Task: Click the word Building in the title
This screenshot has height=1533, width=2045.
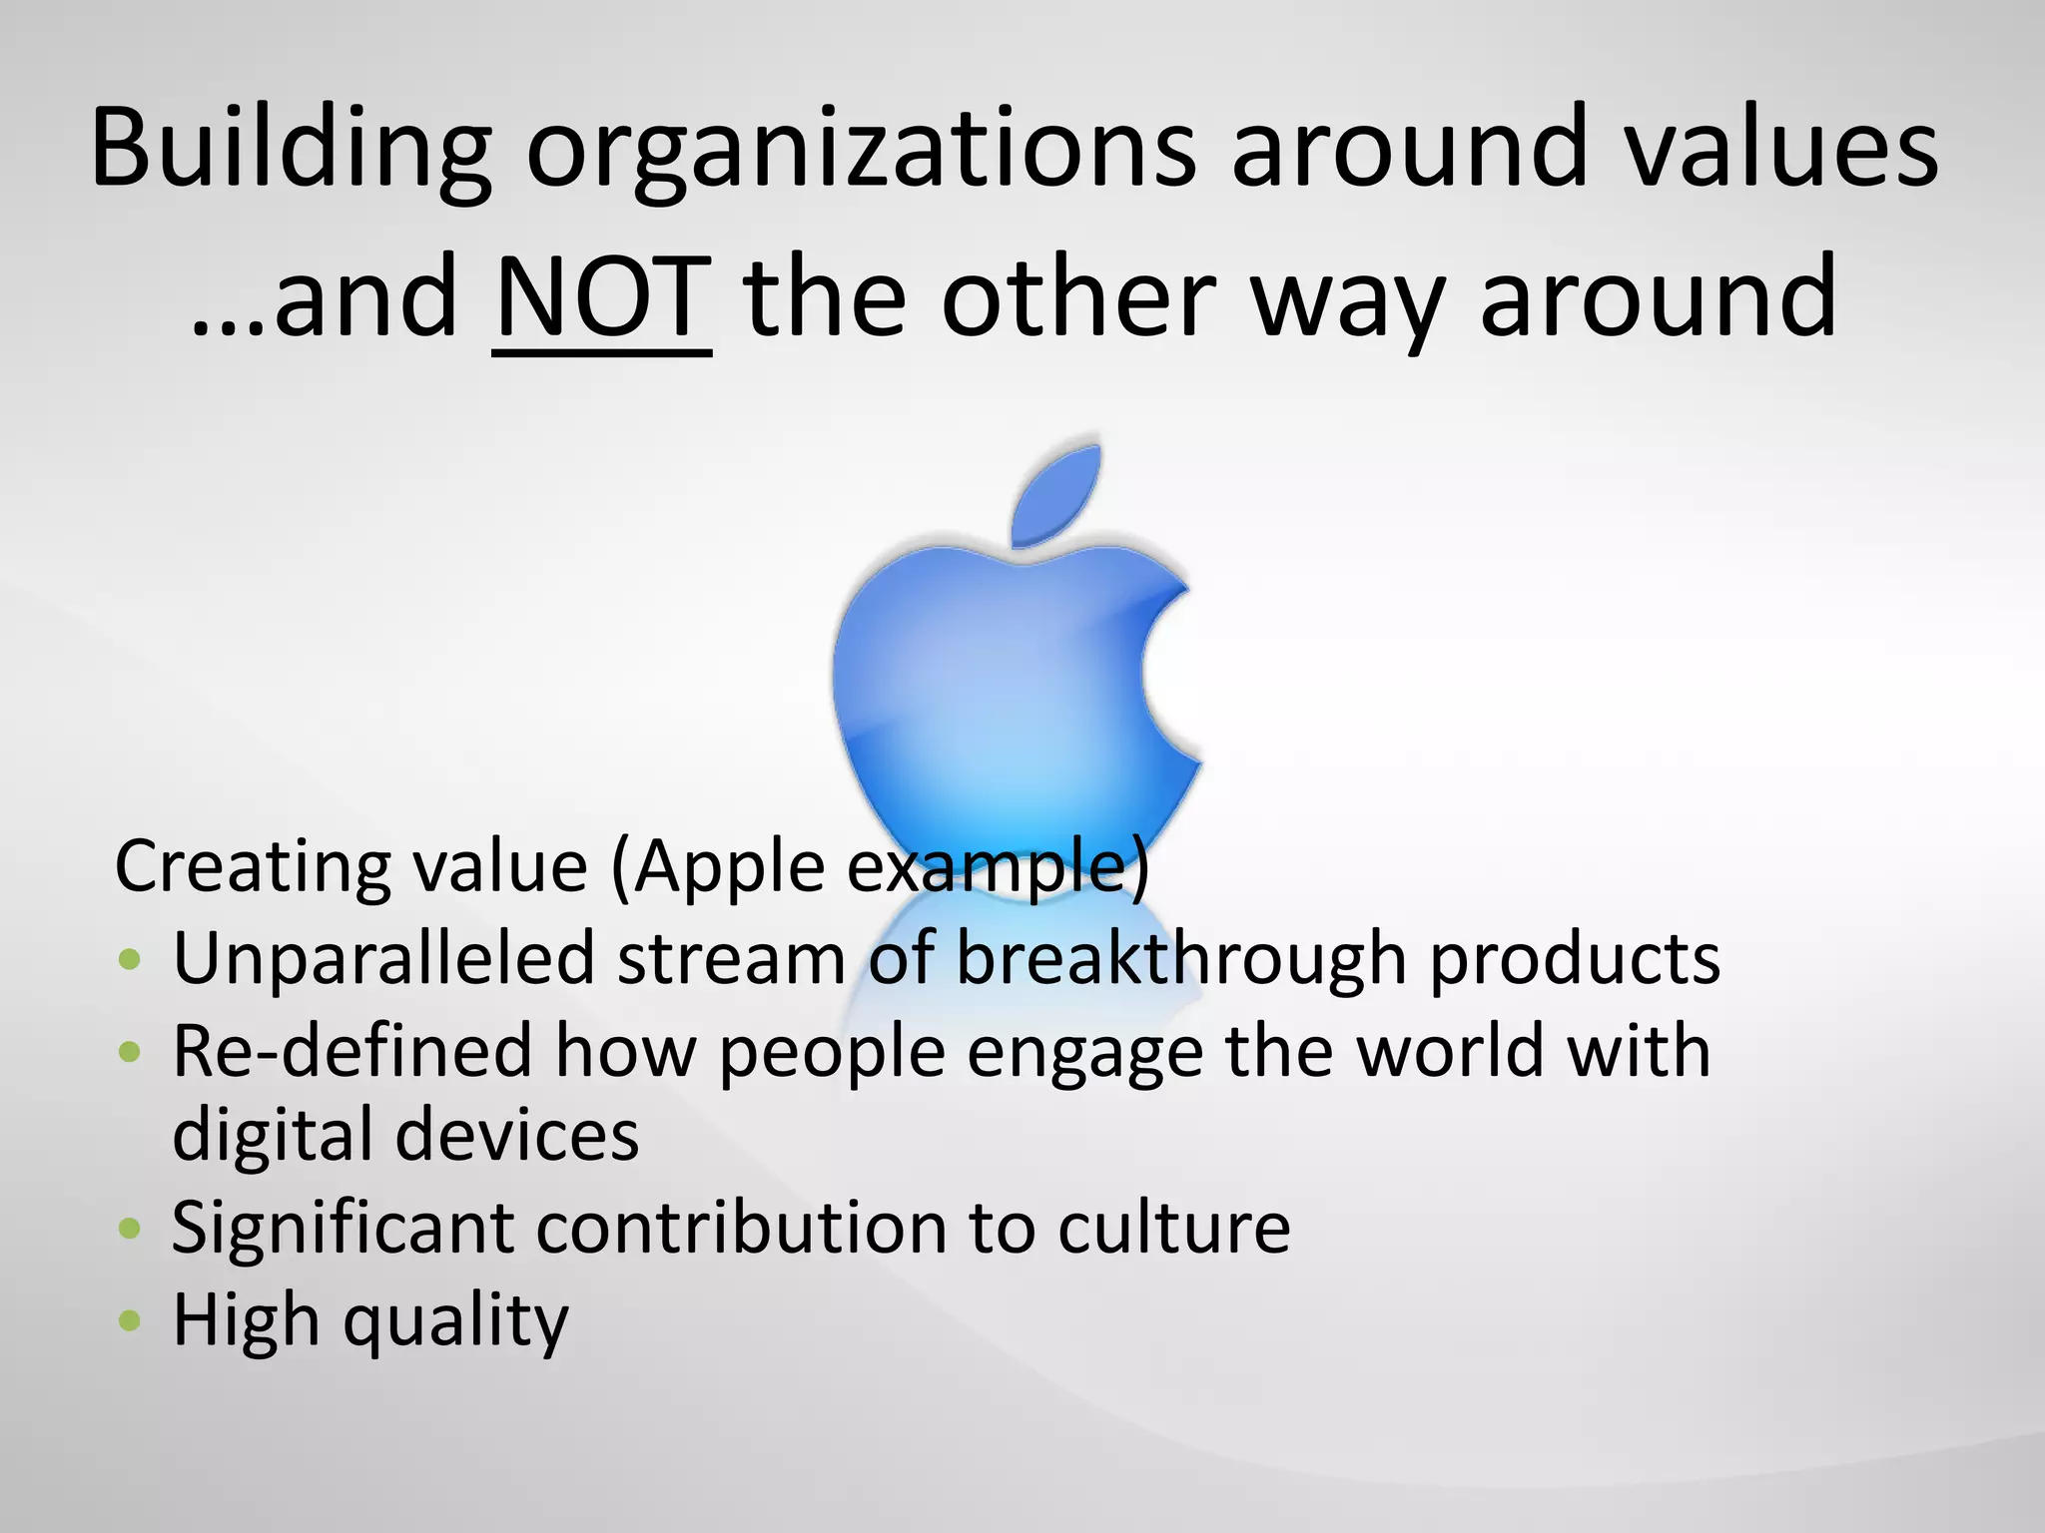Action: [x=290, y=150]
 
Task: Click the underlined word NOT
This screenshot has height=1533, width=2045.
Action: [x=601, y=297]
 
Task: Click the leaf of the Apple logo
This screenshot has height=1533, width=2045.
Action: [x=1058, y=494]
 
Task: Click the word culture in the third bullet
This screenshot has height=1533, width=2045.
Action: [x=1173, y=1228]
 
